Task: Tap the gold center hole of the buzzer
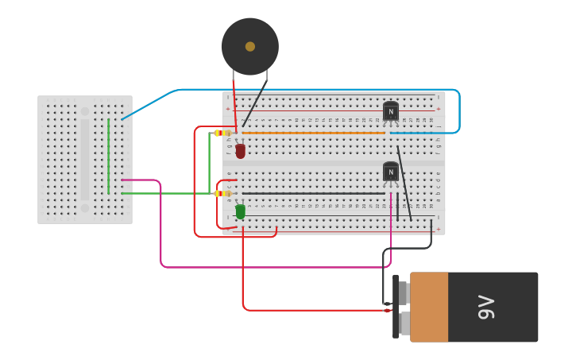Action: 250,47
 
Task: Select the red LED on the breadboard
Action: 240,151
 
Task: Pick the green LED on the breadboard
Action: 240,211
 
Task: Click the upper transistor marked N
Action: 390,112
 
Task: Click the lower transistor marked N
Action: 390,172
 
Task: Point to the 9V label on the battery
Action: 486,307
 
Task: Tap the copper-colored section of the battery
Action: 429,307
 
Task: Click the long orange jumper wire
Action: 318,133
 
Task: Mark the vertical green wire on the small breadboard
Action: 109,155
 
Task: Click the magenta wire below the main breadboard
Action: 270,267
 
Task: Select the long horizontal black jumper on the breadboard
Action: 314,193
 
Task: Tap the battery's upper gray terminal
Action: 404,293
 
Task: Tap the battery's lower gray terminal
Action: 404,323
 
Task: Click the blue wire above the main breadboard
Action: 318,90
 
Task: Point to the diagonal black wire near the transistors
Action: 404,183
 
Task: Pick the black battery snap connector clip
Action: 395,307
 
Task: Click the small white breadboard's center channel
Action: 85,160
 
